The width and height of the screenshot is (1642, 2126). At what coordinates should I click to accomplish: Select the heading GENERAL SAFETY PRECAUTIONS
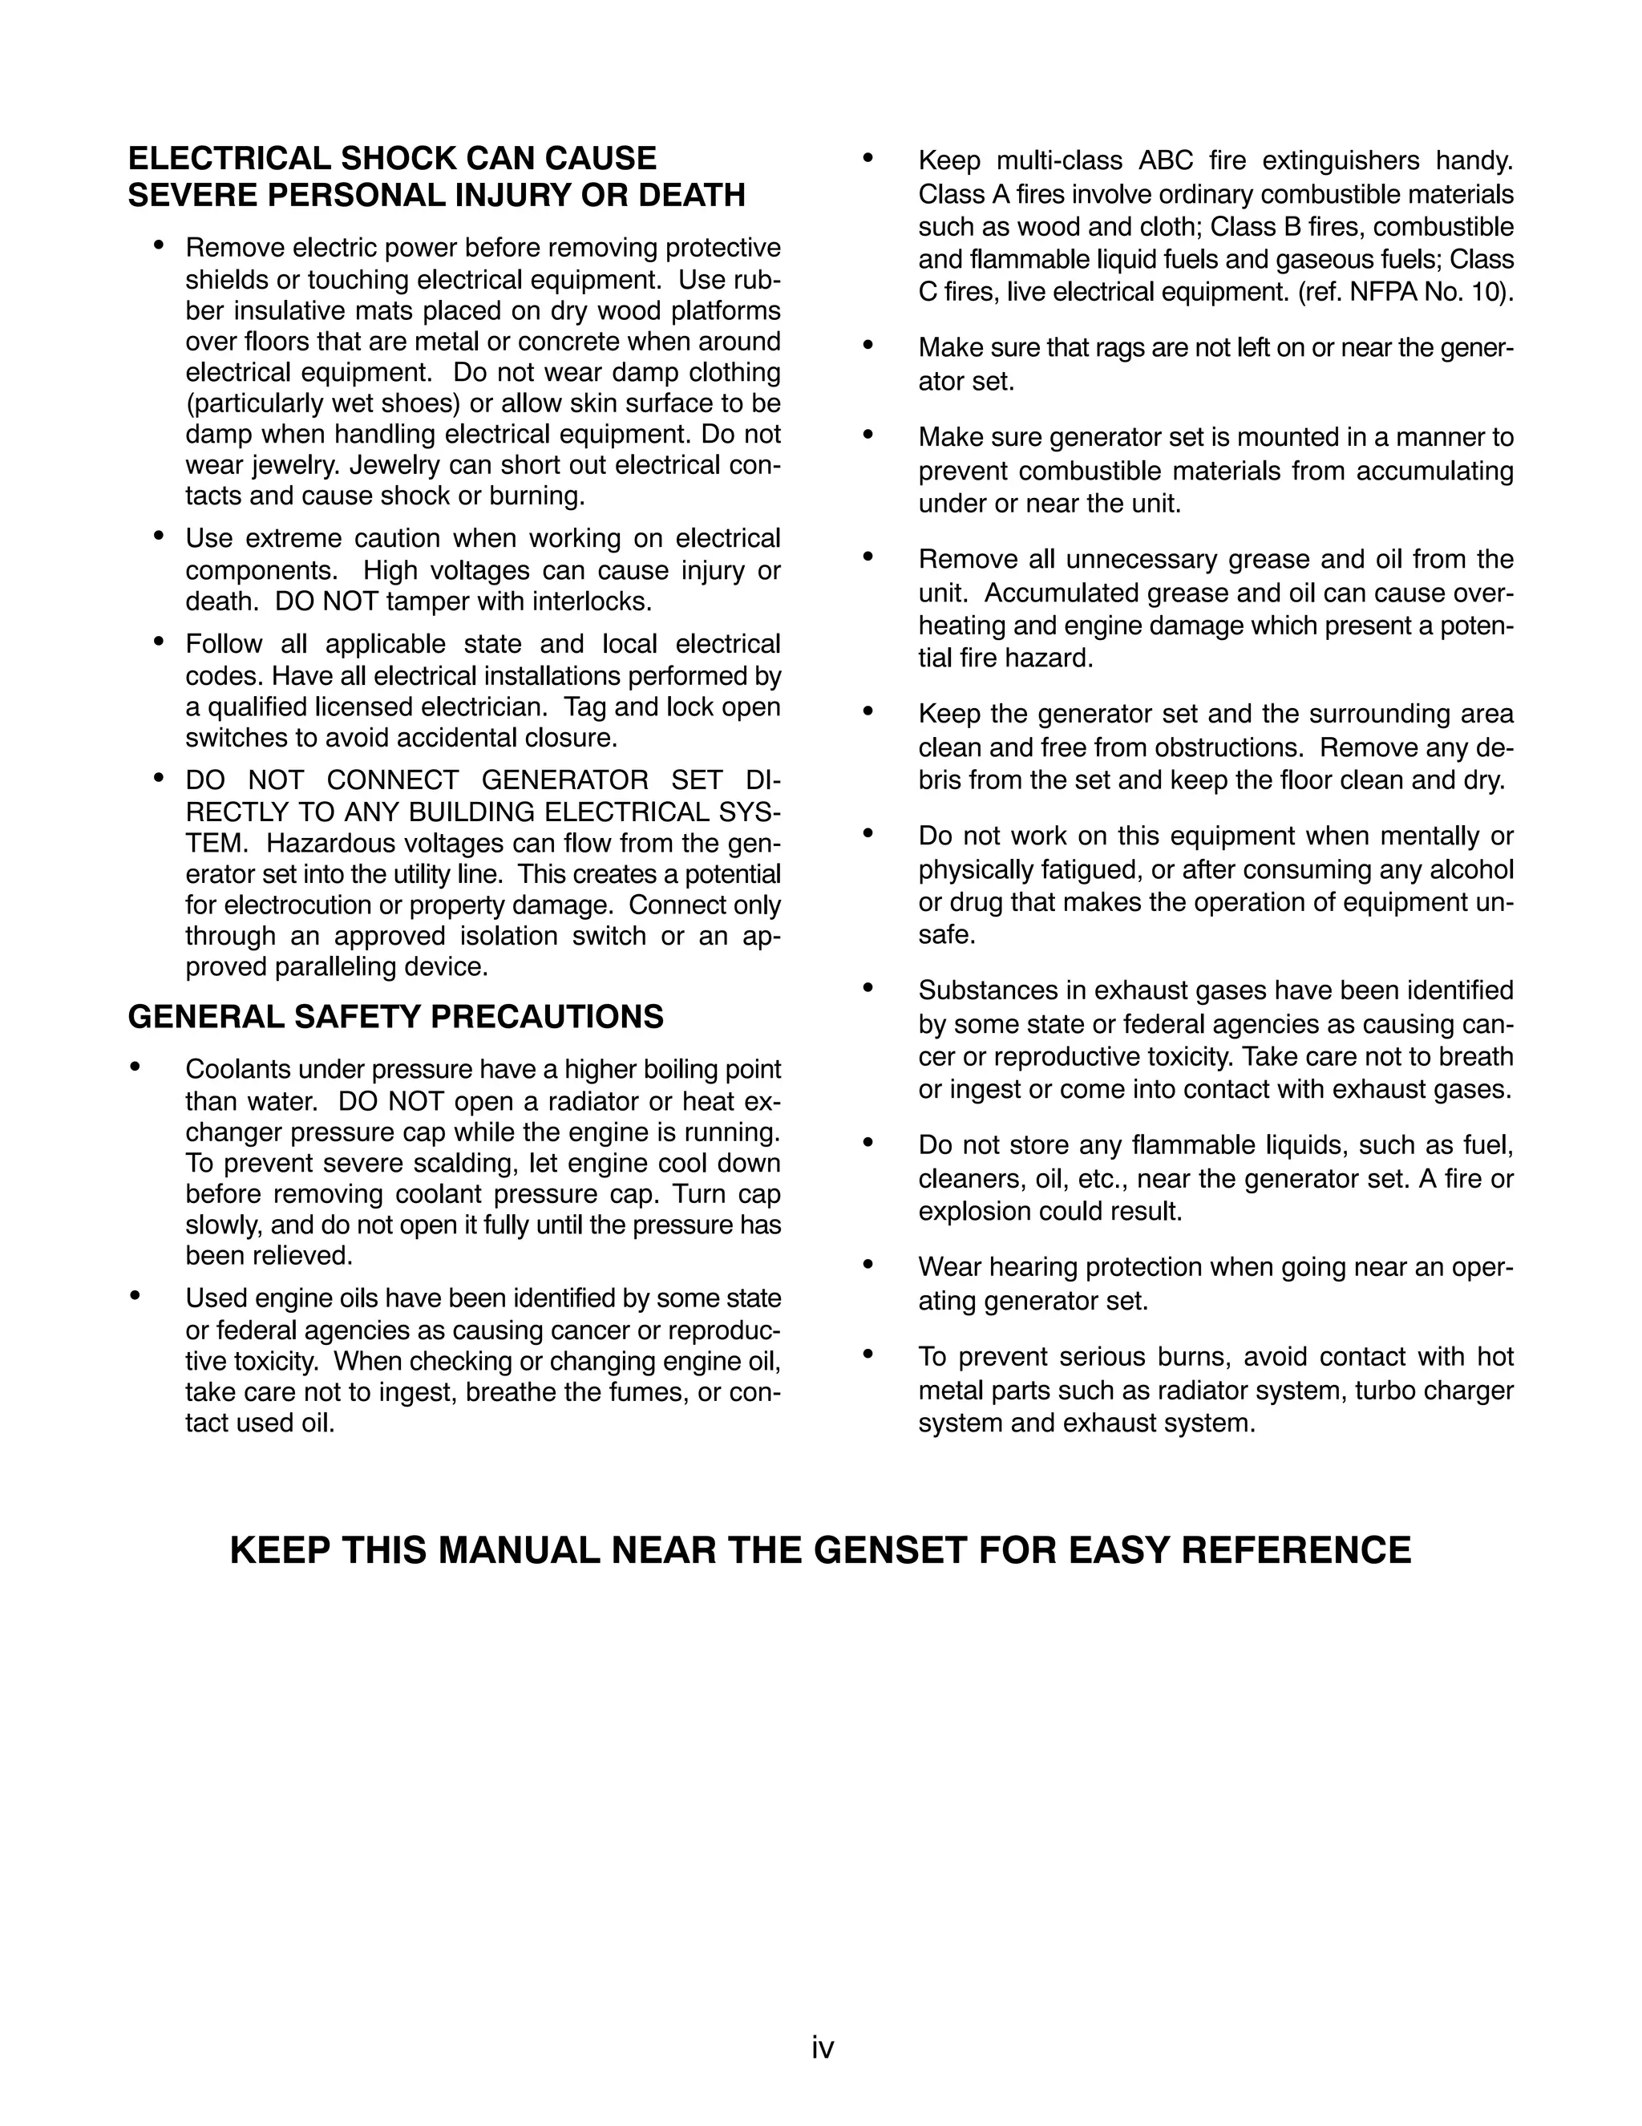tap(395, 1017)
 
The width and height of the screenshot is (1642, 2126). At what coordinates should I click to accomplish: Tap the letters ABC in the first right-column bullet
tap(1165, 160)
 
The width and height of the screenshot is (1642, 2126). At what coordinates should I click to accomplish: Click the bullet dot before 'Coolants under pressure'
tap(135, 1068)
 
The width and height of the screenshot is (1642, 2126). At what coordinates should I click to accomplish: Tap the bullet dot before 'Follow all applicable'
tap(159, 642)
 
